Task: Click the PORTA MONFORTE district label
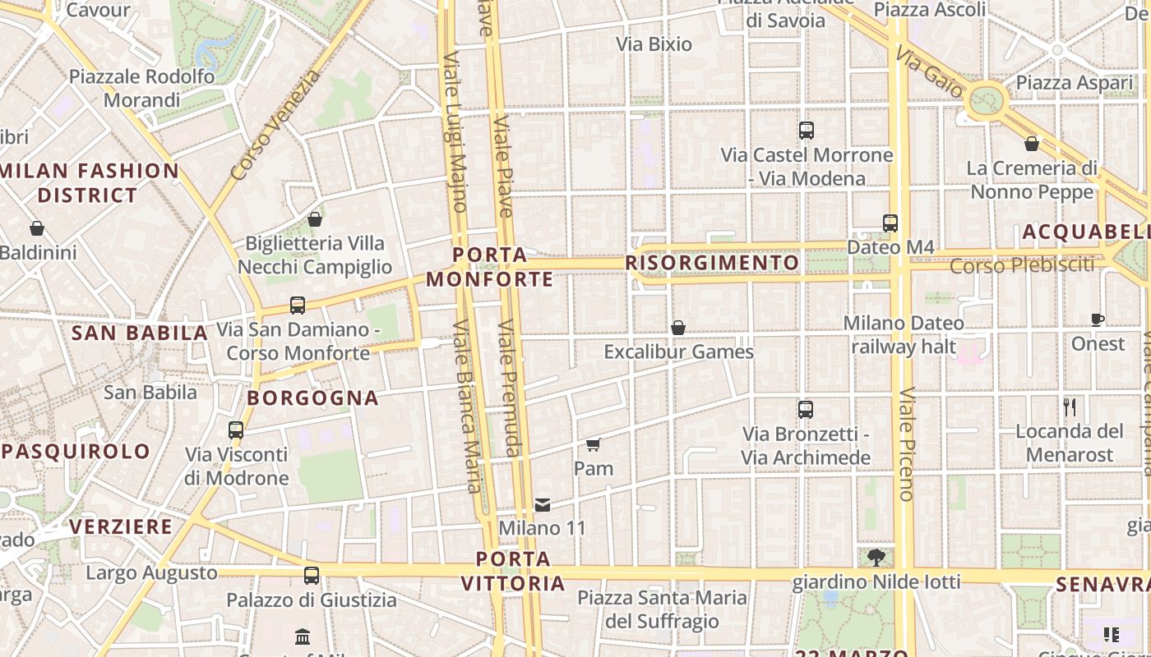490,267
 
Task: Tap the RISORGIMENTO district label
712,263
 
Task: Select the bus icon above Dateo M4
890,223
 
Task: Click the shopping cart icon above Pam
594,444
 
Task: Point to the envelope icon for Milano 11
543,504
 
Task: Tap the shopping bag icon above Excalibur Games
678,328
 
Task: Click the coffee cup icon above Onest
1098,319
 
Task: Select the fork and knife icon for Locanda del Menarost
1070,407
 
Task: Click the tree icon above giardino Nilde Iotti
876,558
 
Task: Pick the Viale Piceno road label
906,443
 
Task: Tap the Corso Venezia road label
275,125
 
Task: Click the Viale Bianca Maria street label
465,407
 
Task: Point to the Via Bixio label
654,44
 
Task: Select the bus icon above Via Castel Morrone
807,130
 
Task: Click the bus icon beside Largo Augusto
312,575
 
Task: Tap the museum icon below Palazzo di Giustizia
303,636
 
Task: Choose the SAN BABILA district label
140,333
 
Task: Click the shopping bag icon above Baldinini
37,228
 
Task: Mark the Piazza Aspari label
1075,83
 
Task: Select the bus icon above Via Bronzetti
806,409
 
